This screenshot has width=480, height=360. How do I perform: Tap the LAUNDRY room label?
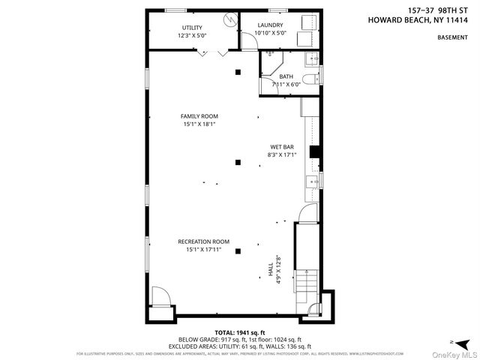coord(270,27)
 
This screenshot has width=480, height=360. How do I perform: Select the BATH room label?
coord(286,76)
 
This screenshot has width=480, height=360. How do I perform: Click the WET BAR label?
coord(282,146)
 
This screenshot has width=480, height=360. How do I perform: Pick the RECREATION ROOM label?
coord(203,241)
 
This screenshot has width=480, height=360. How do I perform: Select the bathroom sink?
coord(313,58)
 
